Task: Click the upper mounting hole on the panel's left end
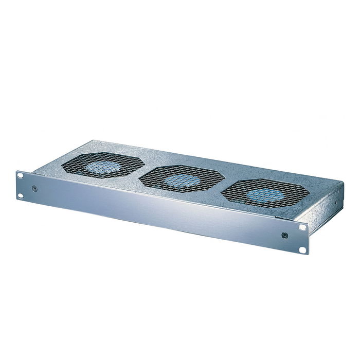pyautogui.click(x=21, y=176)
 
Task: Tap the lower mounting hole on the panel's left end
pyautogui.click(x=21, y=195)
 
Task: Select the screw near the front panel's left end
pyautogui.click(x=34, y=189)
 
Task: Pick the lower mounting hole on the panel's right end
pyautogui.click(x=303, y=250)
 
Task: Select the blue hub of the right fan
pyautogui.click(x=264, y=195)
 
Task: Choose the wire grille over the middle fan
pyautogui.click(x=154, y=177)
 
